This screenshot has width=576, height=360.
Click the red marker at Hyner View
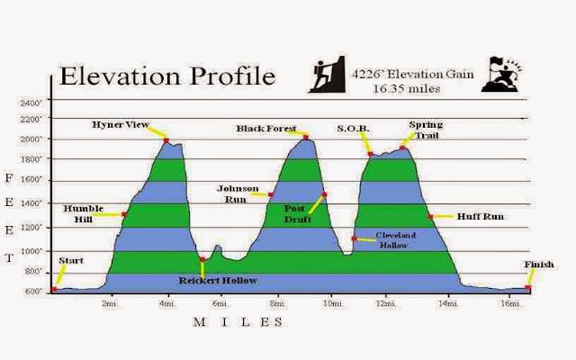point(166,140)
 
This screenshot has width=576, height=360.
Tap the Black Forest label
point(266,129)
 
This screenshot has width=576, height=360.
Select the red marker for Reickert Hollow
point(202,259)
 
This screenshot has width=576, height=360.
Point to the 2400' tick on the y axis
point(31,103)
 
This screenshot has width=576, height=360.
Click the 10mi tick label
point(332,303)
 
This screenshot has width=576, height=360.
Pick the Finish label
point(539,265)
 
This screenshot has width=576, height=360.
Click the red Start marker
point(54,289)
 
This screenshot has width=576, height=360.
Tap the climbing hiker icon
point(327,74)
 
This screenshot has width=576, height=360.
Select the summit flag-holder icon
point(501,74)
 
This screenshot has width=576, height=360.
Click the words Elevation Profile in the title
point(167,76)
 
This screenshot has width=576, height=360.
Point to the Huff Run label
point(481,216)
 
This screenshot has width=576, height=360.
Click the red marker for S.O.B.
point(370,154)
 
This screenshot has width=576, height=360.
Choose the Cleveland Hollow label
point(395,240)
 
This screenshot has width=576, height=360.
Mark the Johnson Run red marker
point(271,194)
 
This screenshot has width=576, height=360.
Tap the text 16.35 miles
point(407,89)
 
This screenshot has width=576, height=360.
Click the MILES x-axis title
point(238,322)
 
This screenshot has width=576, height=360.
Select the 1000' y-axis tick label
point(31,251)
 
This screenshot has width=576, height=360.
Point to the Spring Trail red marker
point(402,148)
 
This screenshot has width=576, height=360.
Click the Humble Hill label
point(84,214)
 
